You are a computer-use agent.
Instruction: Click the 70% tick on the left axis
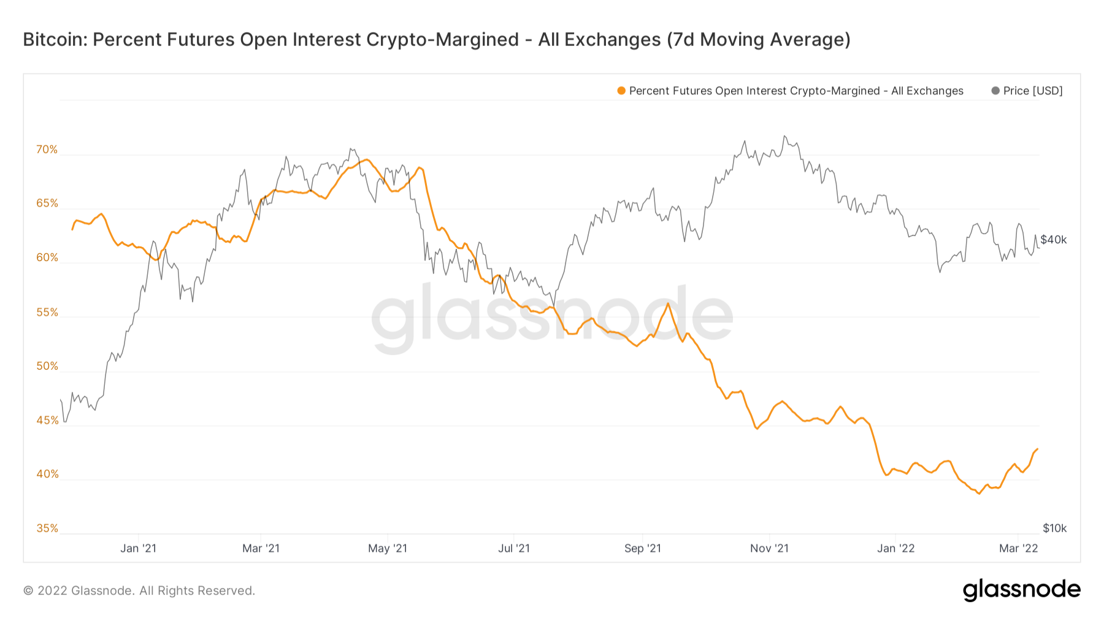coord(47,150)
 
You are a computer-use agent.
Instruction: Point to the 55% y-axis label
coord(47,313)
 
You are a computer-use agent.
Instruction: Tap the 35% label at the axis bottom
coord(47,528)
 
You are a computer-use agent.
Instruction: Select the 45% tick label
coord(47,421)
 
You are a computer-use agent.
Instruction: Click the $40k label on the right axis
coord(1054,240)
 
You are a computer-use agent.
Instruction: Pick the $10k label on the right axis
coord(1054,528)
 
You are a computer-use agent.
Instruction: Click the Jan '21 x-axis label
coord(138,548)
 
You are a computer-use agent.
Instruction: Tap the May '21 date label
coord(388,548)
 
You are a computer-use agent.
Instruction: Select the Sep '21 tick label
coord(643,548)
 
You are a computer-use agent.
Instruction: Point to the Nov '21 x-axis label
coord(769,548)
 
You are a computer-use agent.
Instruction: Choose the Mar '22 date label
coord(1018,548)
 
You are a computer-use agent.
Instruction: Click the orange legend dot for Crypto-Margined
coord(621,91)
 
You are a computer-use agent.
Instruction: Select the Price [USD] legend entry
coord(1032,91)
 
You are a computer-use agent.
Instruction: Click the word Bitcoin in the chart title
coord(54,39)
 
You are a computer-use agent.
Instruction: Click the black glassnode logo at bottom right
coord(1021,590)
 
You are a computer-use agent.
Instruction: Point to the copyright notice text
coord(139,590)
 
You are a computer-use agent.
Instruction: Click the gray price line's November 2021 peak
coord(784,136)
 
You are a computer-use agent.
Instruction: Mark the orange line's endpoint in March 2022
coord(1037,449)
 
